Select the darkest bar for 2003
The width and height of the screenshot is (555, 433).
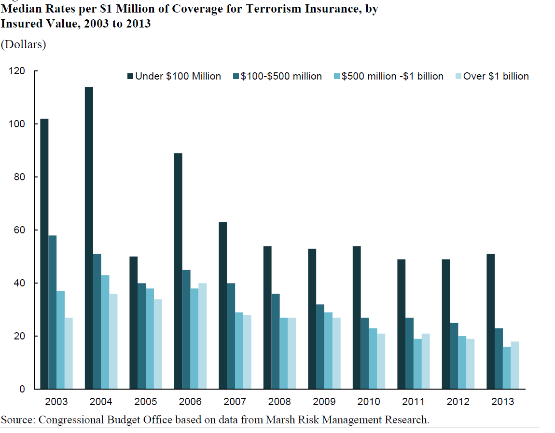(x=44, y=254)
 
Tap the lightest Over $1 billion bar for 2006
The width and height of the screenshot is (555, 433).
(x=202, y=336)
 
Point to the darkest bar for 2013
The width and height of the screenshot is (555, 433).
(x=490, y=321)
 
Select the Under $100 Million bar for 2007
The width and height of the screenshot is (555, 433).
(x=222, y=305)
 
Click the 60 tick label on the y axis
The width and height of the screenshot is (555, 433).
(x=19, y=230)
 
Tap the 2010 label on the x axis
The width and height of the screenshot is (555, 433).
(x=369, y=402)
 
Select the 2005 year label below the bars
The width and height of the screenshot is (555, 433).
(x=146, y=402)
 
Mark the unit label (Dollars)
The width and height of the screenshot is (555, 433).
(x=24, y=45)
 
